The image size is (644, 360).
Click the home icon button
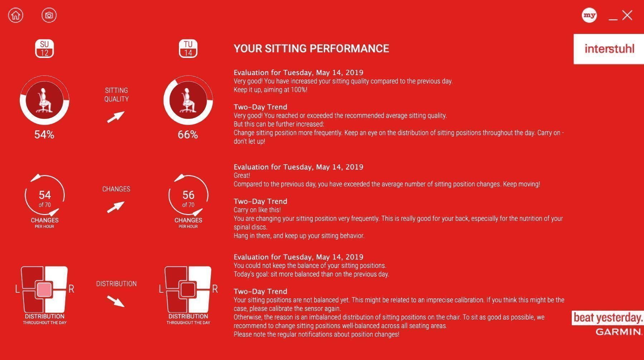coord(16,15)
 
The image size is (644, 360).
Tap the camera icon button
coord(49,15)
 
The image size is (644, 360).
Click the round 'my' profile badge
coord(589,15)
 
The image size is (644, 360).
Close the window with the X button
coord(627,15)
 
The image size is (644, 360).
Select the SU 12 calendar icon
coord(44,49)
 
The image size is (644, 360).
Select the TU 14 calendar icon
coord(188,49)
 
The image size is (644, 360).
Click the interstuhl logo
coord(609,49)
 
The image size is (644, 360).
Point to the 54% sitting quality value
coord(44,135)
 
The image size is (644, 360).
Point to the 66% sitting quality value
coord(188,135)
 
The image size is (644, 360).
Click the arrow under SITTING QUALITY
coord(116,117)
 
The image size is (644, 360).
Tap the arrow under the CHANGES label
coord(116,207)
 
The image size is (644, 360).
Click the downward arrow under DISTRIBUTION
coord(116,301)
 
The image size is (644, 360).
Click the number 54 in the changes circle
coord(45,195)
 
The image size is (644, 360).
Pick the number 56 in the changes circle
coord(188,195)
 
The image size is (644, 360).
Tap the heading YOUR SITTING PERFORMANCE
coord(311,49)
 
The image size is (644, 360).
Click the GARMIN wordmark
coord(619,332)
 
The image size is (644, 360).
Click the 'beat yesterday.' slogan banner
coord(608,318)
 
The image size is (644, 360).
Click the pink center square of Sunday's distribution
coord(44,289)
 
